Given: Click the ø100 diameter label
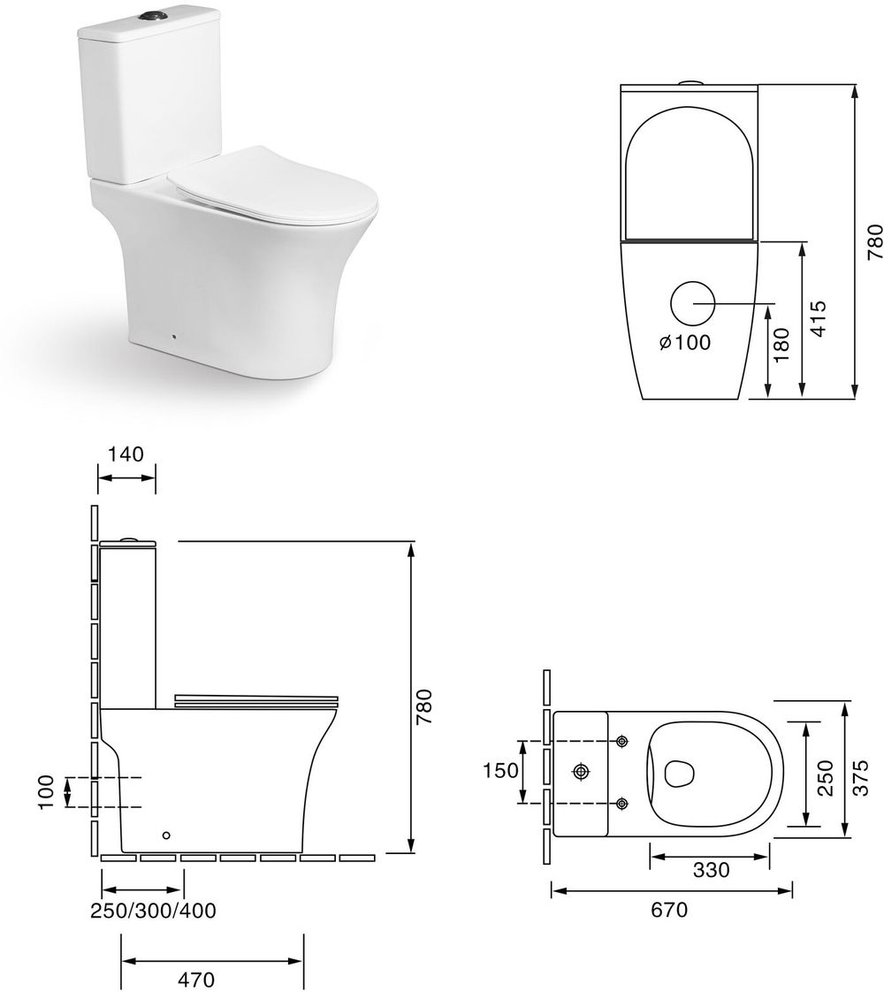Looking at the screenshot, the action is [x=685, y=342].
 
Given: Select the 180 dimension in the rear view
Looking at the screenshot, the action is [x=782, y=344].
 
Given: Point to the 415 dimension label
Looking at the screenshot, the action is [x=818, y=318].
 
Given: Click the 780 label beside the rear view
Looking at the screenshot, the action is [x=874, y=241].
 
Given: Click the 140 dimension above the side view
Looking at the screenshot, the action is [x=126, y=454].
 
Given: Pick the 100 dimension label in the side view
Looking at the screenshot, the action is [x=46, y=791].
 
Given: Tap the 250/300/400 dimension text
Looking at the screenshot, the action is [x=153, y=911].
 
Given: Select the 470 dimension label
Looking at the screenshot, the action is [x=196, y=980].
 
